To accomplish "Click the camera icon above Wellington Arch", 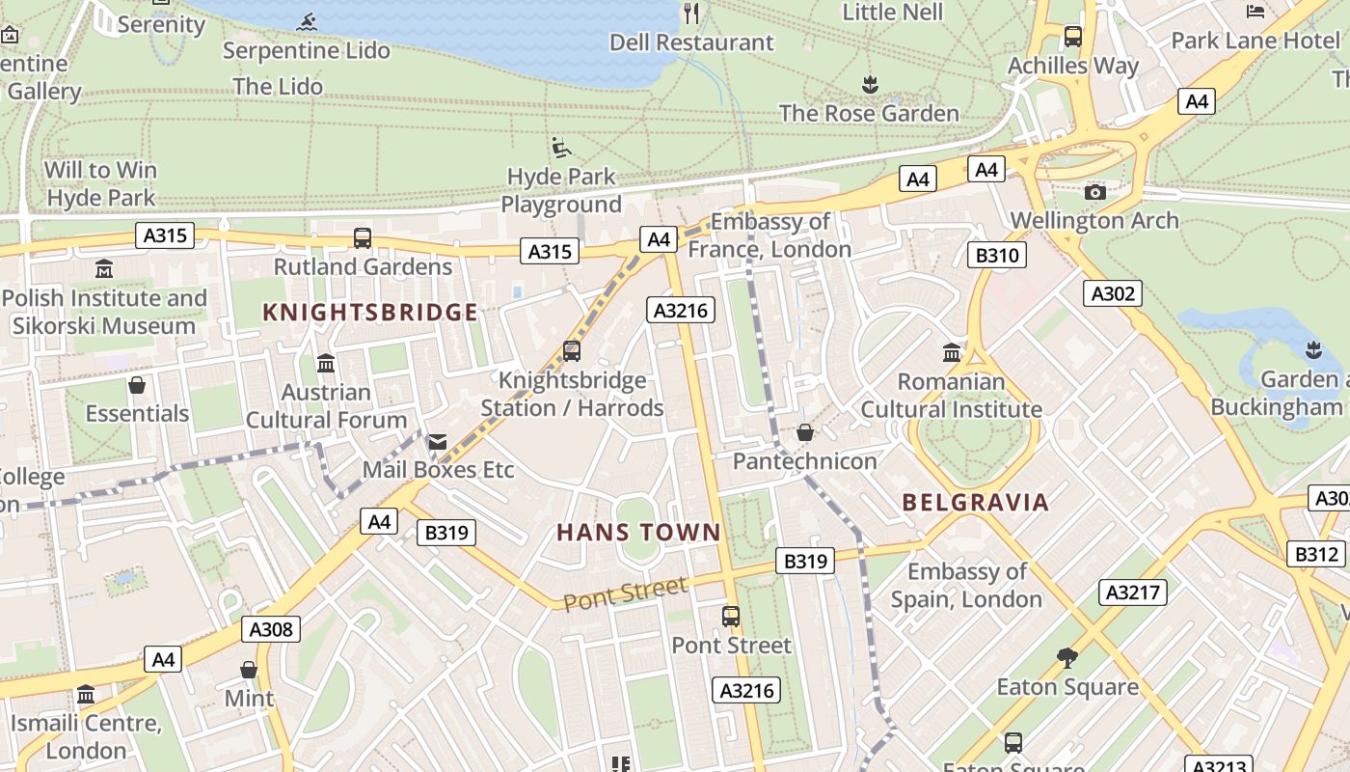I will [x=1094, y=192].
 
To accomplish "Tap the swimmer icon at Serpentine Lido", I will [x=308, y=22].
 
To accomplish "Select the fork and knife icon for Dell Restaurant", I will [x=690, y=13].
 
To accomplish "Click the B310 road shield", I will [x=996, y=255].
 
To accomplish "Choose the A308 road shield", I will [x=270, y=629].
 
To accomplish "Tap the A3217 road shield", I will [x=1132, y=592].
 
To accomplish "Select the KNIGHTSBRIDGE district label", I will [x=370, y=312].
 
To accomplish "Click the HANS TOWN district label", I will [x=638, y=532].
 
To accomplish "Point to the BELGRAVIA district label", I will [x=975, y=502].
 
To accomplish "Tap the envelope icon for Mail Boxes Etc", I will [x=437, y=442].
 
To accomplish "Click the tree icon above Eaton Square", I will [x=1066, y=658].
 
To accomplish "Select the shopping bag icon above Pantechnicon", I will [x=804, y=432].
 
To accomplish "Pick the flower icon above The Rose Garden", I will [x=870, y=84].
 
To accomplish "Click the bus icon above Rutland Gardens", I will [x=363, y=237].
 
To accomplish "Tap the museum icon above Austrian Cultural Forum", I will [x=326, y=364].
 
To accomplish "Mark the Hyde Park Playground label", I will [x=561, y=190].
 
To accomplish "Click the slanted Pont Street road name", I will [x=625, y=593].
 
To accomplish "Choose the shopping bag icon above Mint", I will [x=249, y=670].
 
